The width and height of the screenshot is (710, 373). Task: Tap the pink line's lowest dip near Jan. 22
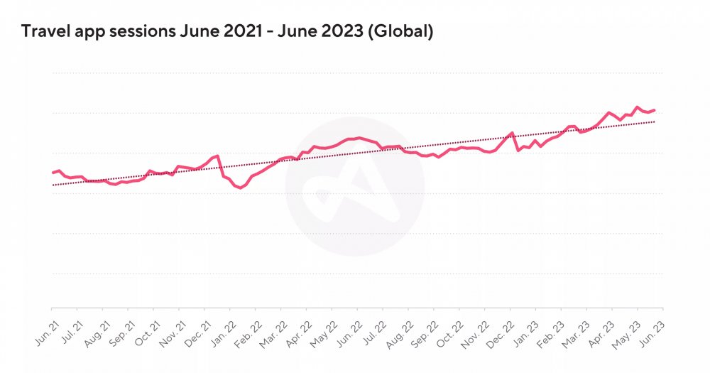click(x=239, y=188)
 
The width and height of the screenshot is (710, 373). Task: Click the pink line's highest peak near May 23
click(x=637, y=107)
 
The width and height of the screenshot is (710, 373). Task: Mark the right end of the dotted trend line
click(x=655, y=121)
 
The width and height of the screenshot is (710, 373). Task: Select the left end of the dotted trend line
click(x=53, y=185)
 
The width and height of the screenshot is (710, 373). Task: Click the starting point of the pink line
click(x=53, y=173)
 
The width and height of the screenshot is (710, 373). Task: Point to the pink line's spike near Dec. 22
click(x=512, y=133)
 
